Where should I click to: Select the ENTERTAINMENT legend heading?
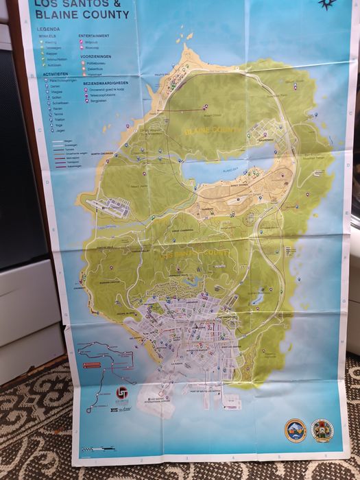coord(93,35)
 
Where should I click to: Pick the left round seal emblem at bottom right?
coord(295,430)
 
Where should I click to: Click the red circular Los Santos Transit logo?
coord(121,393)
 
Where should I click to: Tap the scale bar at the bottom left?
coord(96,449)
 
